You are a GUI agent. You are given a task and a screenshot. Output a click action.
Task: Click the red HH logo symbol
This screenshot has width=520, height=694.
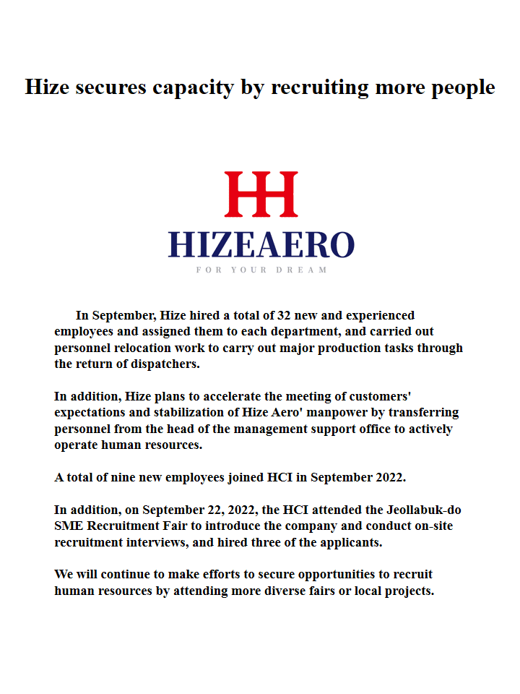click(x=261, y=194)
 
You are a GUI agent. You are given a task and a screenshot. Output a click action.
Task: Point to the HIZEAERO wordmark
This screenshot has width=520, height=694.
click(x=261, y=245)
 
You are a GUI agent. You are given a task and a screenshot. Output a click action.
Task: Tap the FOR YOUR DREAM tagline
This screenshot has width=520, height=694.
click(x=261, y=270)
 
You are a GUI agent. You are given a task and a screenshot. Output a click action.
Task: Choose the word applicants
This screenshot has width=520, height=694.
click(x=345, y=541)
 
